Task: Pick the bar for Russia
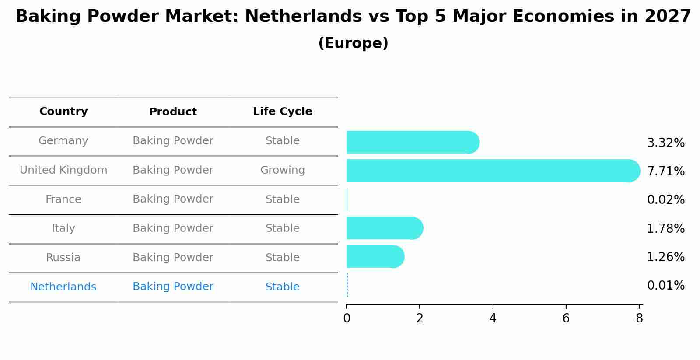coord(374,256)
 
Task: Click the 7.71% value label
coord(665,171)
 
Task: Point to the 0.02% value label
coord(665,199)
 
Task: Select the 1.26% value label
coord(665,257)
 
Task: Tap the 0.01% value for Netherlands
coord(665,286)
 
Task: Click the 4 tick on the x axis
coord(493,318)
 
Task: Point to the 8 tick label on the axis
coord(639,318)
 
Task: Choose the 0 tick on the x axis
coord(346,318)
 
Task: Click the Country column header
coord(63,112)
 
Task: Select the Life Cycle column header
coord(282,112)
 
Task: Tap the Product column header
coord(173,112)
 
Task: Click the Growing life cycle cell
coord(282,170)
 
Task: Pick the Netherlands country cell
coord(63,287)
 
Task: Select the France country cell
coord(63,199)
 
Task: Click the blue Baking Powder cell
coord(173,287)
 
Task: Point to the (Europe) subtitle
coord(353,43)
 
